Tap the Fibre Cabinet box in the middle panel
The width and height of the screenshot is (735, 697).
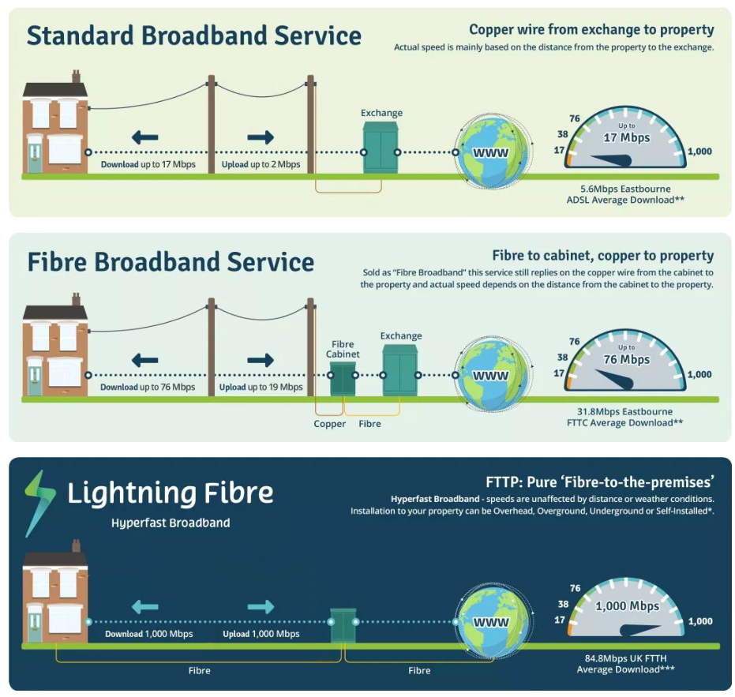pyautogui.click(x=343, y=380)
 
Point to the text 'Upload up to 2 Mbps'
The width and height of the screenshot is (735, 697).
pyautogui.click(x=260, y=165)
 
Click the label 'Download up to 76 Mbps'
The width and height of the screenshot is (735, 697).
pyautogui.click(x=148, y=388)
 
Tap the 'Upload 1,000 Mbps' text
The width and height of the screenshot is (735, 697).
pyautogui.click(x=261, y=634)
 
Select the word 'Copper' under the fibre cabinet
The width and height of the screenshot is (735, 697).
pyautogui.click(x=330, y=424)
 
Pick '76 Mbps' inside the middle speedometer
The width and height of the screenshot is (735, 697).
pyautogui.click(x=626, y=360)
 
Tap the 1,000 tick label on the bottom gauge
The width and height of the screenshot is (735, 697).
pyautogui.click(x=699, y=621)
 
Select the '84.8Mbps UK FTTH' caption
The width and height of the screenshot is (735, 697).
pyautogui.click(x=625, y=658)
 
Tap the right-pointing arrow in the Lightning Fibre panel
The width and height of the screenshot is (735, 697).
pyautogui.click(x=261, y=607)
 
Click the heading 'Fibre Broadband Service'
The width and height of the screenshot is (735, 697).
pyautogui.click(x=171, y=262)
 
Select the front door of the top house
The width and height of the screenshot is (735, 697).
pyautogui.click(x=35, y=154)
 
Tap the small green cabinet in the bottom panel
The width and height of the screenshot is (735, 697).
pyautogui.click(x=343, y=625)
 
